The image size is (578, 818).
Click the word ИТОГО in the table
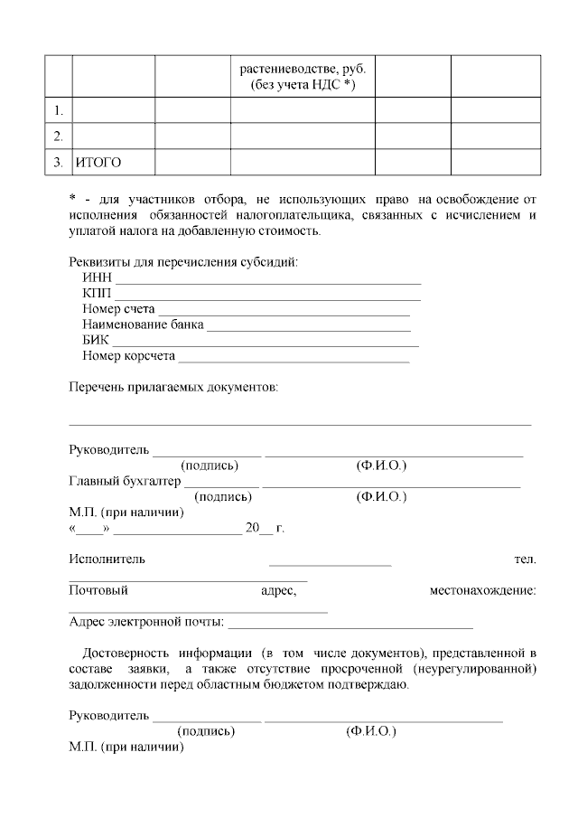click(x=98, y=163)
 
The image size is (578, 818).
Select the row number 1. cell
click(x=58, y=111)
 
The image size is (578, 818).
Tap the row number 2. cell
click(x=58, y=136)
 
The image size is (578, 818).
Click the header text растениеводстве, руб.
click(x=303, y=70)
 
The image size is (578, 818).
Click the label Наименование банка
click(x=143, y=324)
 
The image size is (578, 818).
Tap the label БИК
click(x=96, y=341)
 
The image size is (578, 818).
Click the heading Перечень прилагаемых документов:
click(x=174, y=387)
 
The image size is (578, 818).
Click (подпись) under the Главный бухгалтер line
click(x=223, y=496)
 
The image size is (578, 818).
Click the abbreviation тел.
click(x=525, y=559)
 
